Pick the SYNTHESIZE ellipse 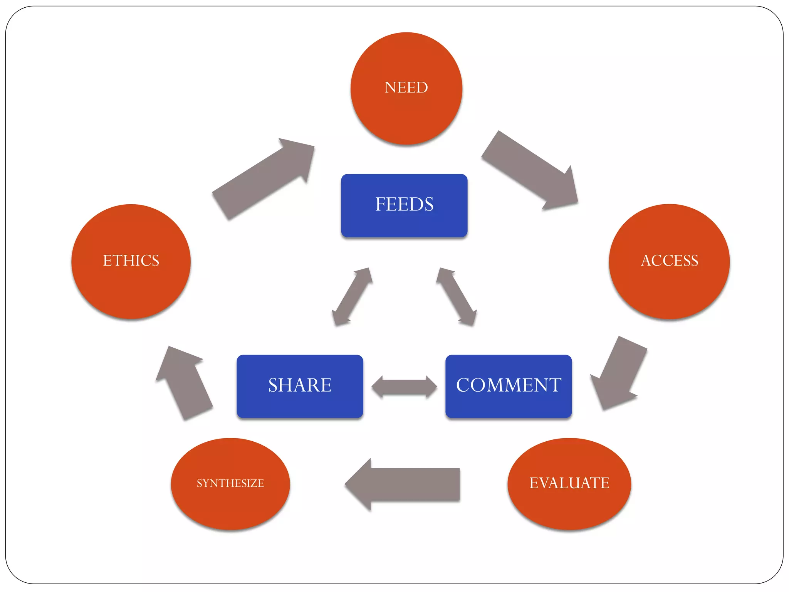(230, 501)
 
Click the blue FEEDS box (404, 224)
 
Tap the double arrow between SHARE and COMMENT (404, 387)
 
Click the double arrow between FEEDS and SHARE (352, 297)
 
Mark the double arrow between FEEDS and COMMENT (457, 297)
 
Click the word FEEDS (404, 204)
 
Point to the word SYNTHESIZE (230, 483)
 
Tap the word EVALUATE (569, 483)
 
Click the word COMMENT (509, 385)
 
